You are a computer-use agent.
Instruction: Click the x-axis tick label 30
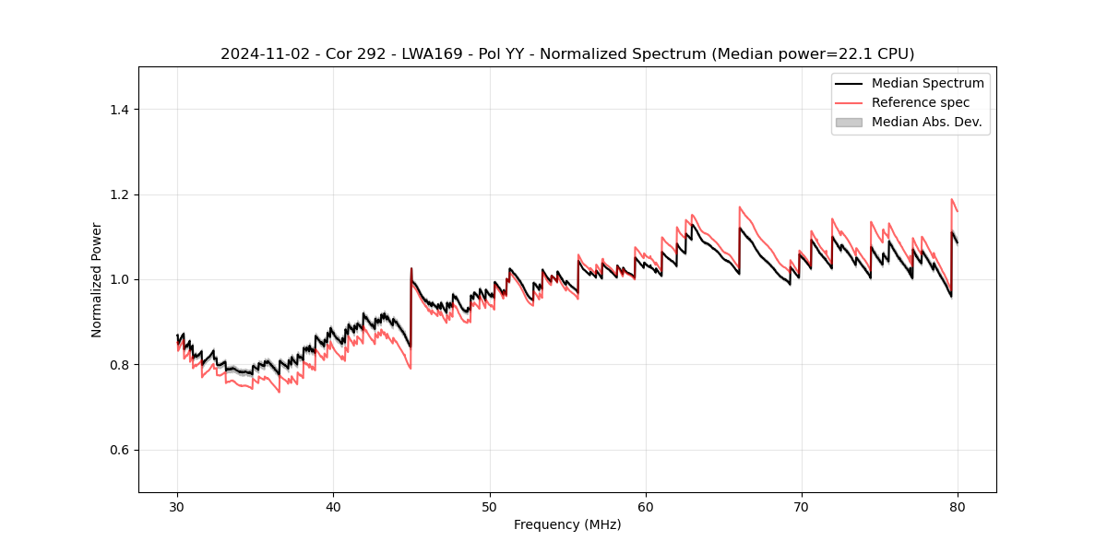click(178, 506)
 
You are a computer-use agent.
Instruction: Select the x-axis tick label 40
click(334, 506)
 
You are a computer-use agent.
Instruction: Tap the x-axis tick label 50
click(490, 506)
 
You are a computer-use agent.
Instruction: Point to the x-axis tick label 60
click(646, 506)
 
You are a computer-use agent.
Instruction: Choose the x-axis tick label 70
click(802, 506)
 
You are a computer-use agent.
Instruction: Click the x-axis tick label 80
click(958, 506)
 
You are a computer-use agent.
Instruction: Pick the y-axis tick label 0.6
click(119, 450)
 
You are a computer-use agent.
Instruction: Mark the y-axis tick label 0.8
click(119, 365)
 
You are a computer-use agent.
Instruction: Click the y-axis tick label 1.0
click(119, 279)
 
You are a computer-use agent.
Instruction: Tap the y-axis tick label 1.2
click(119, 194)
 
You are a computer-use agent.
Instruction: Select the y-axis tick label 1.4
click(119, 110)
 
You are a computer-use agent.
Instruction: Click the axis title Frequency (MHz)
click(567, 524)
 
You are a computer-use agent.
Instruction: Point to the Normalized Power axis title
click(96, 279)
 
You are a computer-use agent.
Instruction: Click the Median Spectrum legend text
click(927, 83)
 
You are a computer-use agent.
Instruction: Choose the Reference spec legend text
click(921, 102)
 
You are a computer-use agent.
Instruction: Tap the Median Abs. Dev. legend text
click(927, 122)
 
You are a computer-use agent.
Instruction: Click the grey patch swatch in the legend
click(849, 122)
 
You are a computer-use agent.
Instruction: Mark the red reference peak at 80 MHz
click(952, 199)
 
